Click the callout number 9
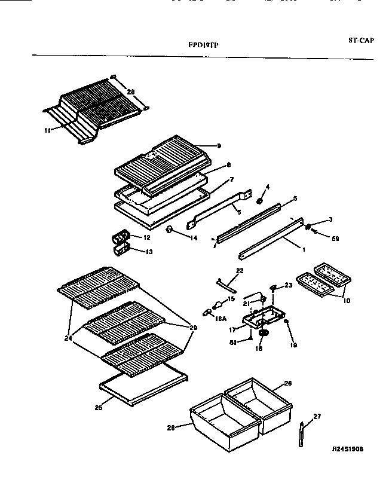point(203,145)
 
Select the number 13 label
point(149,252)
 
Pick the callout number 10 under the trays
point(346,301)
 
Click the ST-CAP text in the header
point(360,41)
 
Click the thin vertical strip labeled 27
point(301,434)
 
